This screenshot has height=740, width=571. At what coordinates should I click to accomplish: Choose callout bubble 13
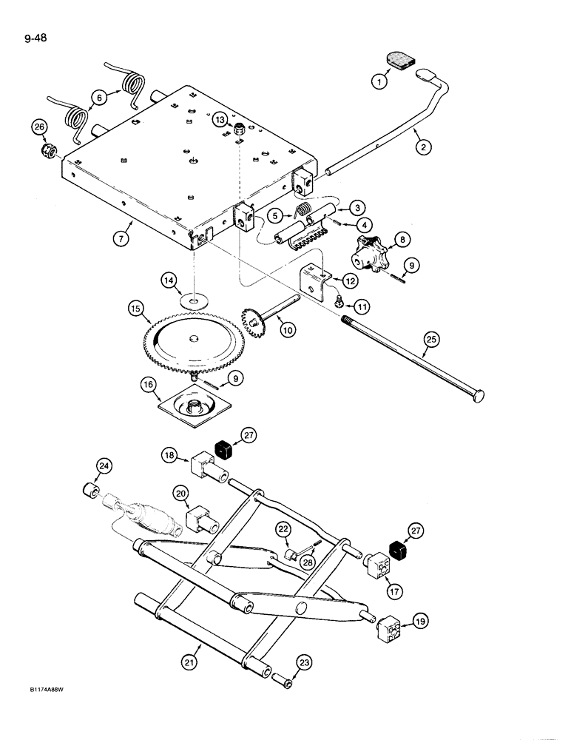219,120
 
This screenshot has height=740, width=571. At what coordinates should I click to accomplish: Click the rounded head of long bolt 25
477,397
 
